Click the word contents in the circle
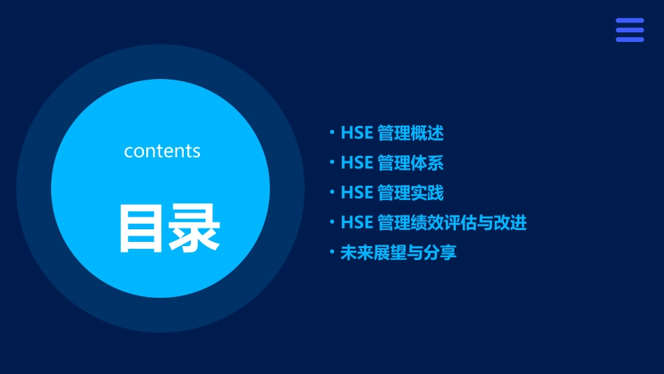point(162,151)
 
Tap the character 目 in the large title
point(143,228)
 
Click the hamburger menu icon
point(630,30)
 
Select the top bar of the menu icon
point(630,21)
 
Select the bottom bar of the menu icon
point(630,39)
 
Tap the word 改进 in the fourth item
point(510,223)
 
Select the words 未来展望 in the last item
point(373,253)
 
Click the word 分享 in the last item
point(440,253)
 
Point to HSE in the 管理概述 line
point(357,133)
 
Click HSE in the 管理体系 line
point(357,163)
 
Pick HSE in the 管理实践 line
point(357,193)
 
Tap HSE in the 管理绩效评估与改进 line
point(357,223)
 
